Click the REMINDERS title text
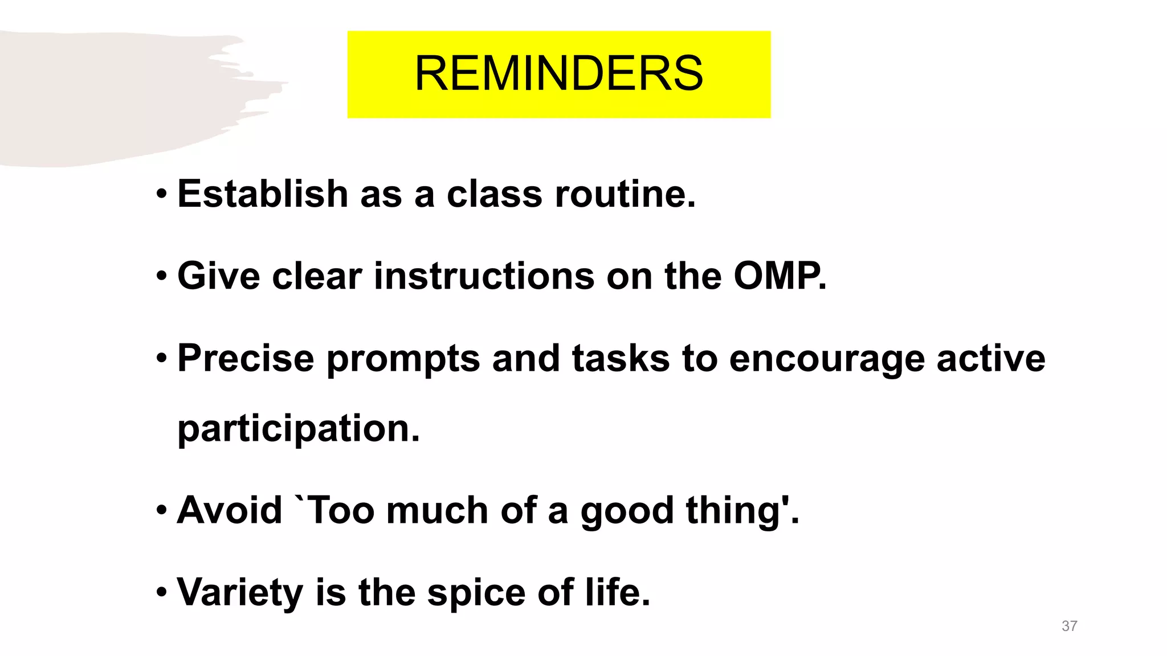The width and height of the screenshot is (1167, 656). [x=558, y=74]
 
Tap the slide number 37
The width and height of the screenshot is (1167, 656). [x=1069, y=626]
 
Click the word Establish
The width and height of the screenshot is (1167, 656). [x=263, y=194]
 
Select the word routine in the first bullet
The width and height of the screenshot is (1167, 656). [x=625, y=194]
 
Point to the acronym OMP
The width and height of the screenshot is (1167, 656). [x=778, y=276]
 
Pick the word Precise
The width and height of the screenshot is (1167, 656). [x=246, y=358]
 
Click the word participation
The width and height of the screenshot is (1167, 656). [x=298, y=428]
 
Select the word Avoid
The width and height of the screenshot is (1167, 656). [x=230, y=510]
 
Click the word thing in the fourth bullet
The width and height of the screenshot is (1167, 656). [x=741, y=511]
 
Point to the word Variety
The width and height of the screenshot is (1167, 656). [x=240, y=593]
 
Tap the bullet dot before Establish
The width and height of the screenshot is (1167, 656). [x=162, y=195]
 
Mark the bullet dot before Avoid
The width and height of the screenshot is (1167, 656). [x=162, y=511]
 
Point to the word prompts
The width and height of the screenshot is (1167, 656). [x=403, y=359]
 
